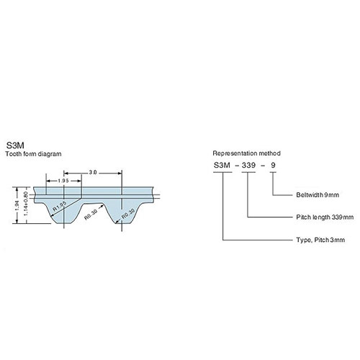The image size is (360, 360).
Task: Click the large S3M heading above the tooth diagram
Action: [15, 145]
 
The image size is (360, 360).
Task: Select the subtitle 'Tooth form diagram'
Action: [33, 154]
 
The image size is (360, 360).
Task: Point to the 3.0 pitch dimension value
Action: [93, 172]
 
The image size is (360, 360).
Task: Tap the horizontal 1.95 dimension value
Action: [63, 181]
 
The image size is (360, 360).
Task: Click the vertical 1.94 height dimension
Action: [17, 205]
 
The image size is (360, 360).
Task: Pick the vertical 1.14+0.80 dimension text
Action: [26, 204]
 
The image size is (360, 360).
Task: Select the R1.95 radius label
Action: [59, 207]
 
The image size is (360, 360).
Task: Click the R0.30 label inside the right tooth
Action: [128, 214]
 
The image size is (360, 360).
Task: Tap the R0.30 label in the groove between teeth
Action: [91, 215]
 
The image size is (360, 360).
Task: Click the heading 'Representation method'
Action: [246, 153]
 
